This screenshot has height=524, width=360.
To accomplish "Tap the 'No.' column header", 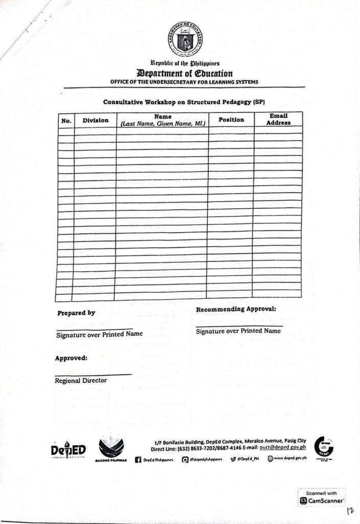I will [x=65, y=121].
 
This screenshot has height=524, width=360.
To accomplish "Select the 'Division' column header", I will [x=95, y=120].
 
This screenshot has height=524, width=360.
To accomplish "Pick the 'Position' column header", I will [x=231, y=119].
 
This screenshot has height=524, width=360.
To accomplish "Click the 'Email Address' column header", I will [x=278, y=119].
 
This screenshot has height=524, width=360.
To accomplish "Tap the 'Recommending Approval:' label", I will [x=236, y=309].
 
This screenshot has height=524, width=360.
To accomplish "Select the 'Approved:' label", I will [x=71, y=358].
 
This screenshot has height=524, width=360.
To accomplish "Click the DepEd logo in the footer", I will [x=68, y=450].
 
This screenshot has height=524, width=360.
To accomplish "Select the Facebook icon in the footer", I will [x=138, y=460].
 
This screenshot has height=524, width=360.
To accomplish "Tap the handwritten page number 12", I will [x=350, y=511].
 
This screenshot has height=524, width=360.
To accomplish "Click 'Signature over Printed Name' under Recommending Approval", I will [x=238, y=331].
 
